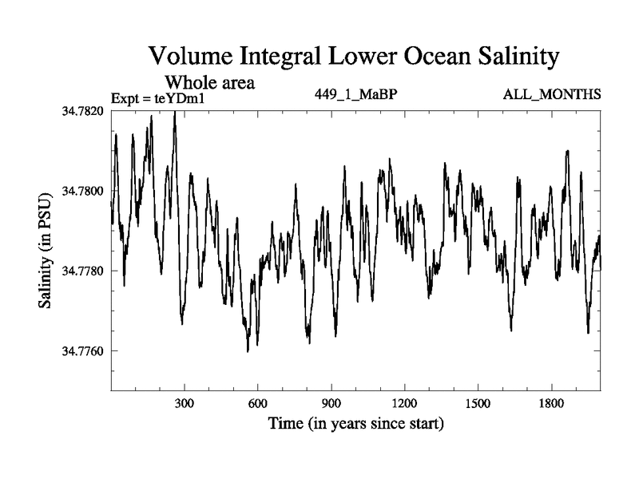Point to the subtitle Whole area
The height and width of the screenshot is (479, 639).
(209, 81)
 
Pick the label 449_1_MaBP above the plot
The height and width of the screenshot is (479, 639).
(356, 95)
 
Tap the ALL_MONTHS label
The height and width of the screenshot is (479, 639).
(551, 95)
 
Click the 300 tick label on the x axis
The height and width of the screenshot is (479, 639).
(185, 403)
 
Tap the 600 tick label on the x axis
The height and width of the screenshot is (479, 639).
(258, 403)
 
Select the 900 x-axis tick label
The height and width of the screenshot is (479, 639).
(331, 403)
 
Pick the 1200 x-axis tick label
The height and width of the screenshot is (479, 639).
(404, 403)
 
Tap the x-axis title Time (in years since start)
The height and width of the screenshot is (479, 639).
(355, 422)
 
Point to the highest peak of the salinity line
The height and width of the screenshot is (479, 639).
(175, 113)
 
